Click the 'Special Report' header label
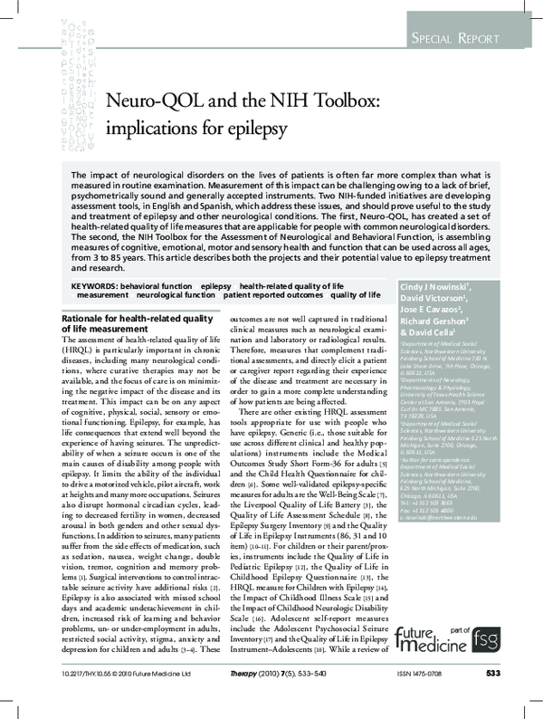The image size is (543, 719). [x=454, y=39]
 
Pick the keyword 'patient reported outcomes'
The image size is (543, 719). [x=272, y=296]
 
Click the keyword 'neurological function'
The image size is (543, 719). [x=176, y=296]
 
